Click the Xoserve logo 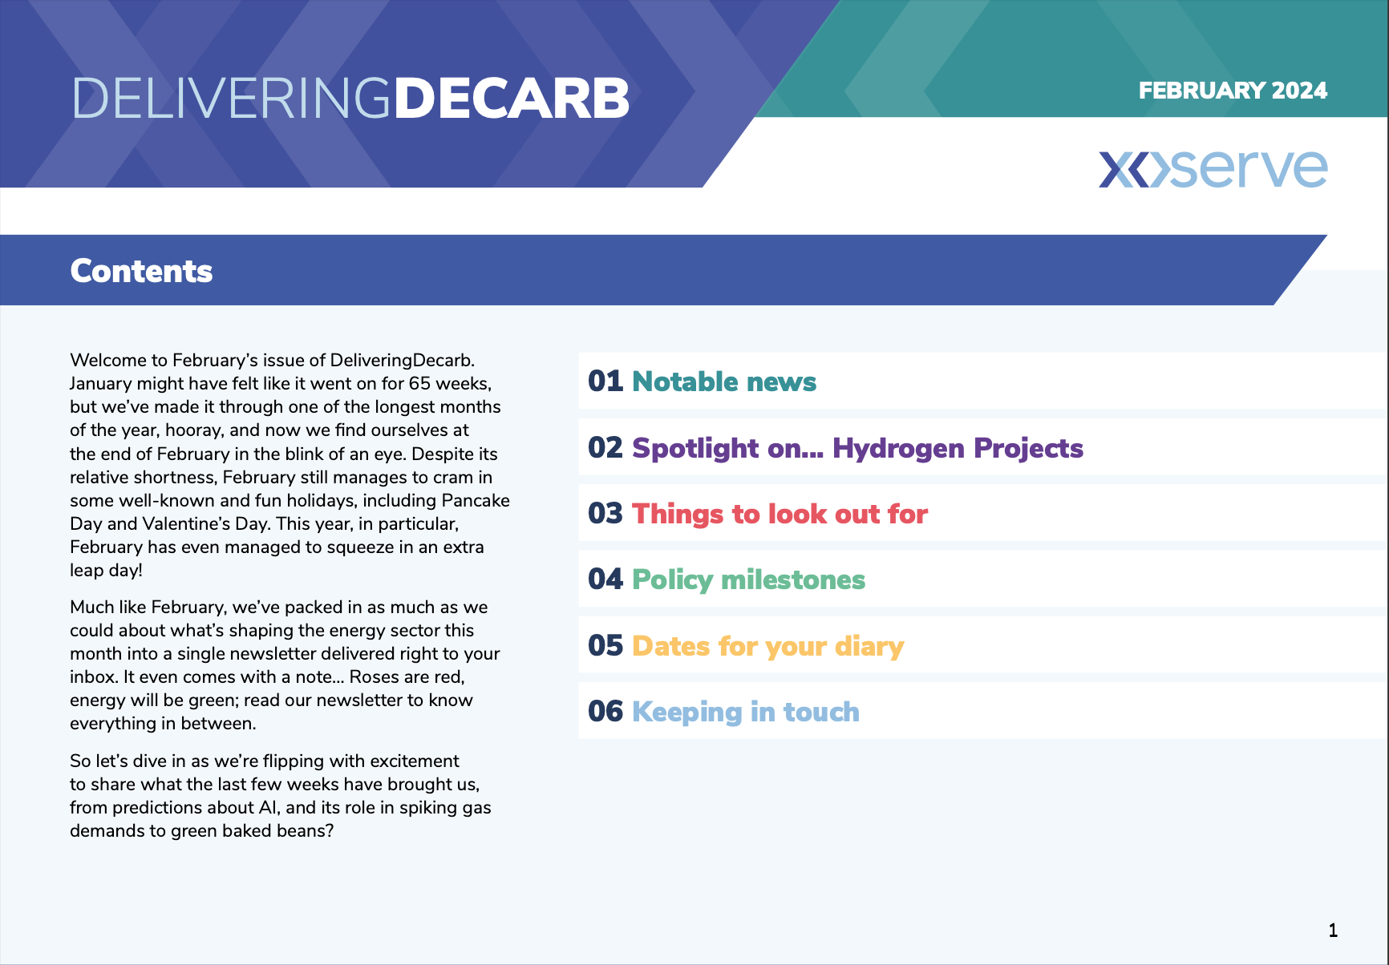[1213, 169]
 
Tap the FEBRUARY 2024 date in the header [1233, 91]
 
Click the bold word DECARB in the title [512, 99]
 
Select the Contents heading [141, 271]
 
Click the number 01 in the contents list [605, 382]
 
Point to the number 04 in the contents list [605, 579]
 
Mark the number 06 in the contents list [605, 712]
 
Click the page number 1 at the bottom [1333, 931]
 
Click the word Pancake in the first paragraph [476, 500]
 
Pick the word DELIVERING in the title [232, 99]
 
